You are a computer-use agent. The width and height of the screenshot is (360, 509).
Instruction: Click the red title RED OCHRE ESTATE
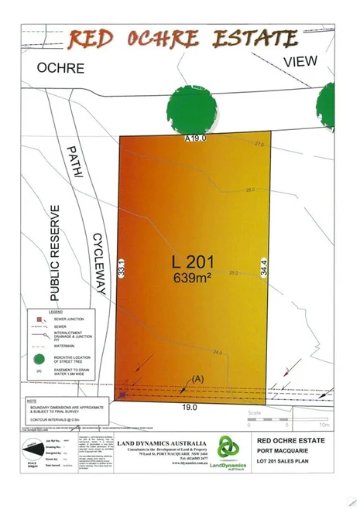point(182,39)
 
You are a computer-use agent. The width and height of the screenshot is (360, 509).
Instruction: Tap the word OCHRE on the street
point(60,68)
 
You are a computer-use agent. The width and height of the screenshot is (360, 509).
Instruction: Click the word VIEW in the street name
point(300,60)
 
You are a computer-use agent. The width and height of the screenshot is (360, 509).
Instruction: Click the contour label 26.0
point(250,190)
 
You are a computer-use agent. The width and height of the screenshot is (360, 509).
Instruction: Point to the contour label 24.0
point(218,354)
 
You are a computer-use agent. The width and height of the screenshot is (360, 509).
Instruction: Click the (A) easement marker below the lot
point(197,379)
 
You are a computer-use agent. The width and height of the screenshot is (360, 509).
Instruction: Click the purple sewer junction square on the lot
point(122,395)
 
